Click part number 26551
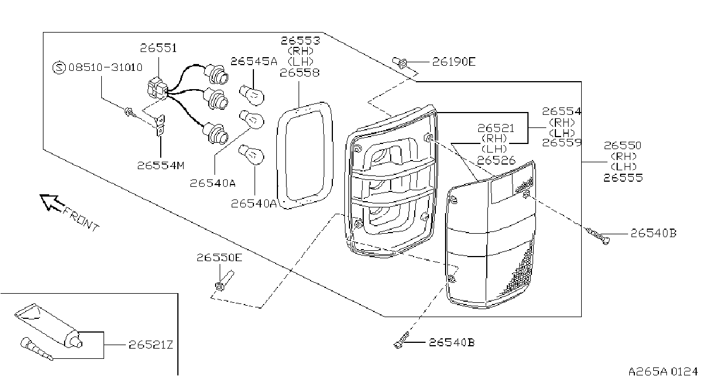point(158,48)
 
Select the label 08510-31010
point(105,67)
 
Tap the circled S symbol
point(59,67)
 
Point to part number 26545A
point(254,62)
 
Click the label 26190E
point(454,62)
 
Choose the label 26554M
point(161,166)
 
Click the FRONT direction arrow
point(52,202)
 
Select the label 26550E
point(220,258)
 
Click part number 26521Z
point(151,345)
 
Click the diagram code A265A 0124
point(663,371)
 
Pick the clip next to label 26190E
point(400,63)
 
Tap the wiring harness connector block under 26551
point(157,89)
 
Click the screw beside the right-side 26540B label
point(598,236)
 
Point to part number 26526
point(496,161)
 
